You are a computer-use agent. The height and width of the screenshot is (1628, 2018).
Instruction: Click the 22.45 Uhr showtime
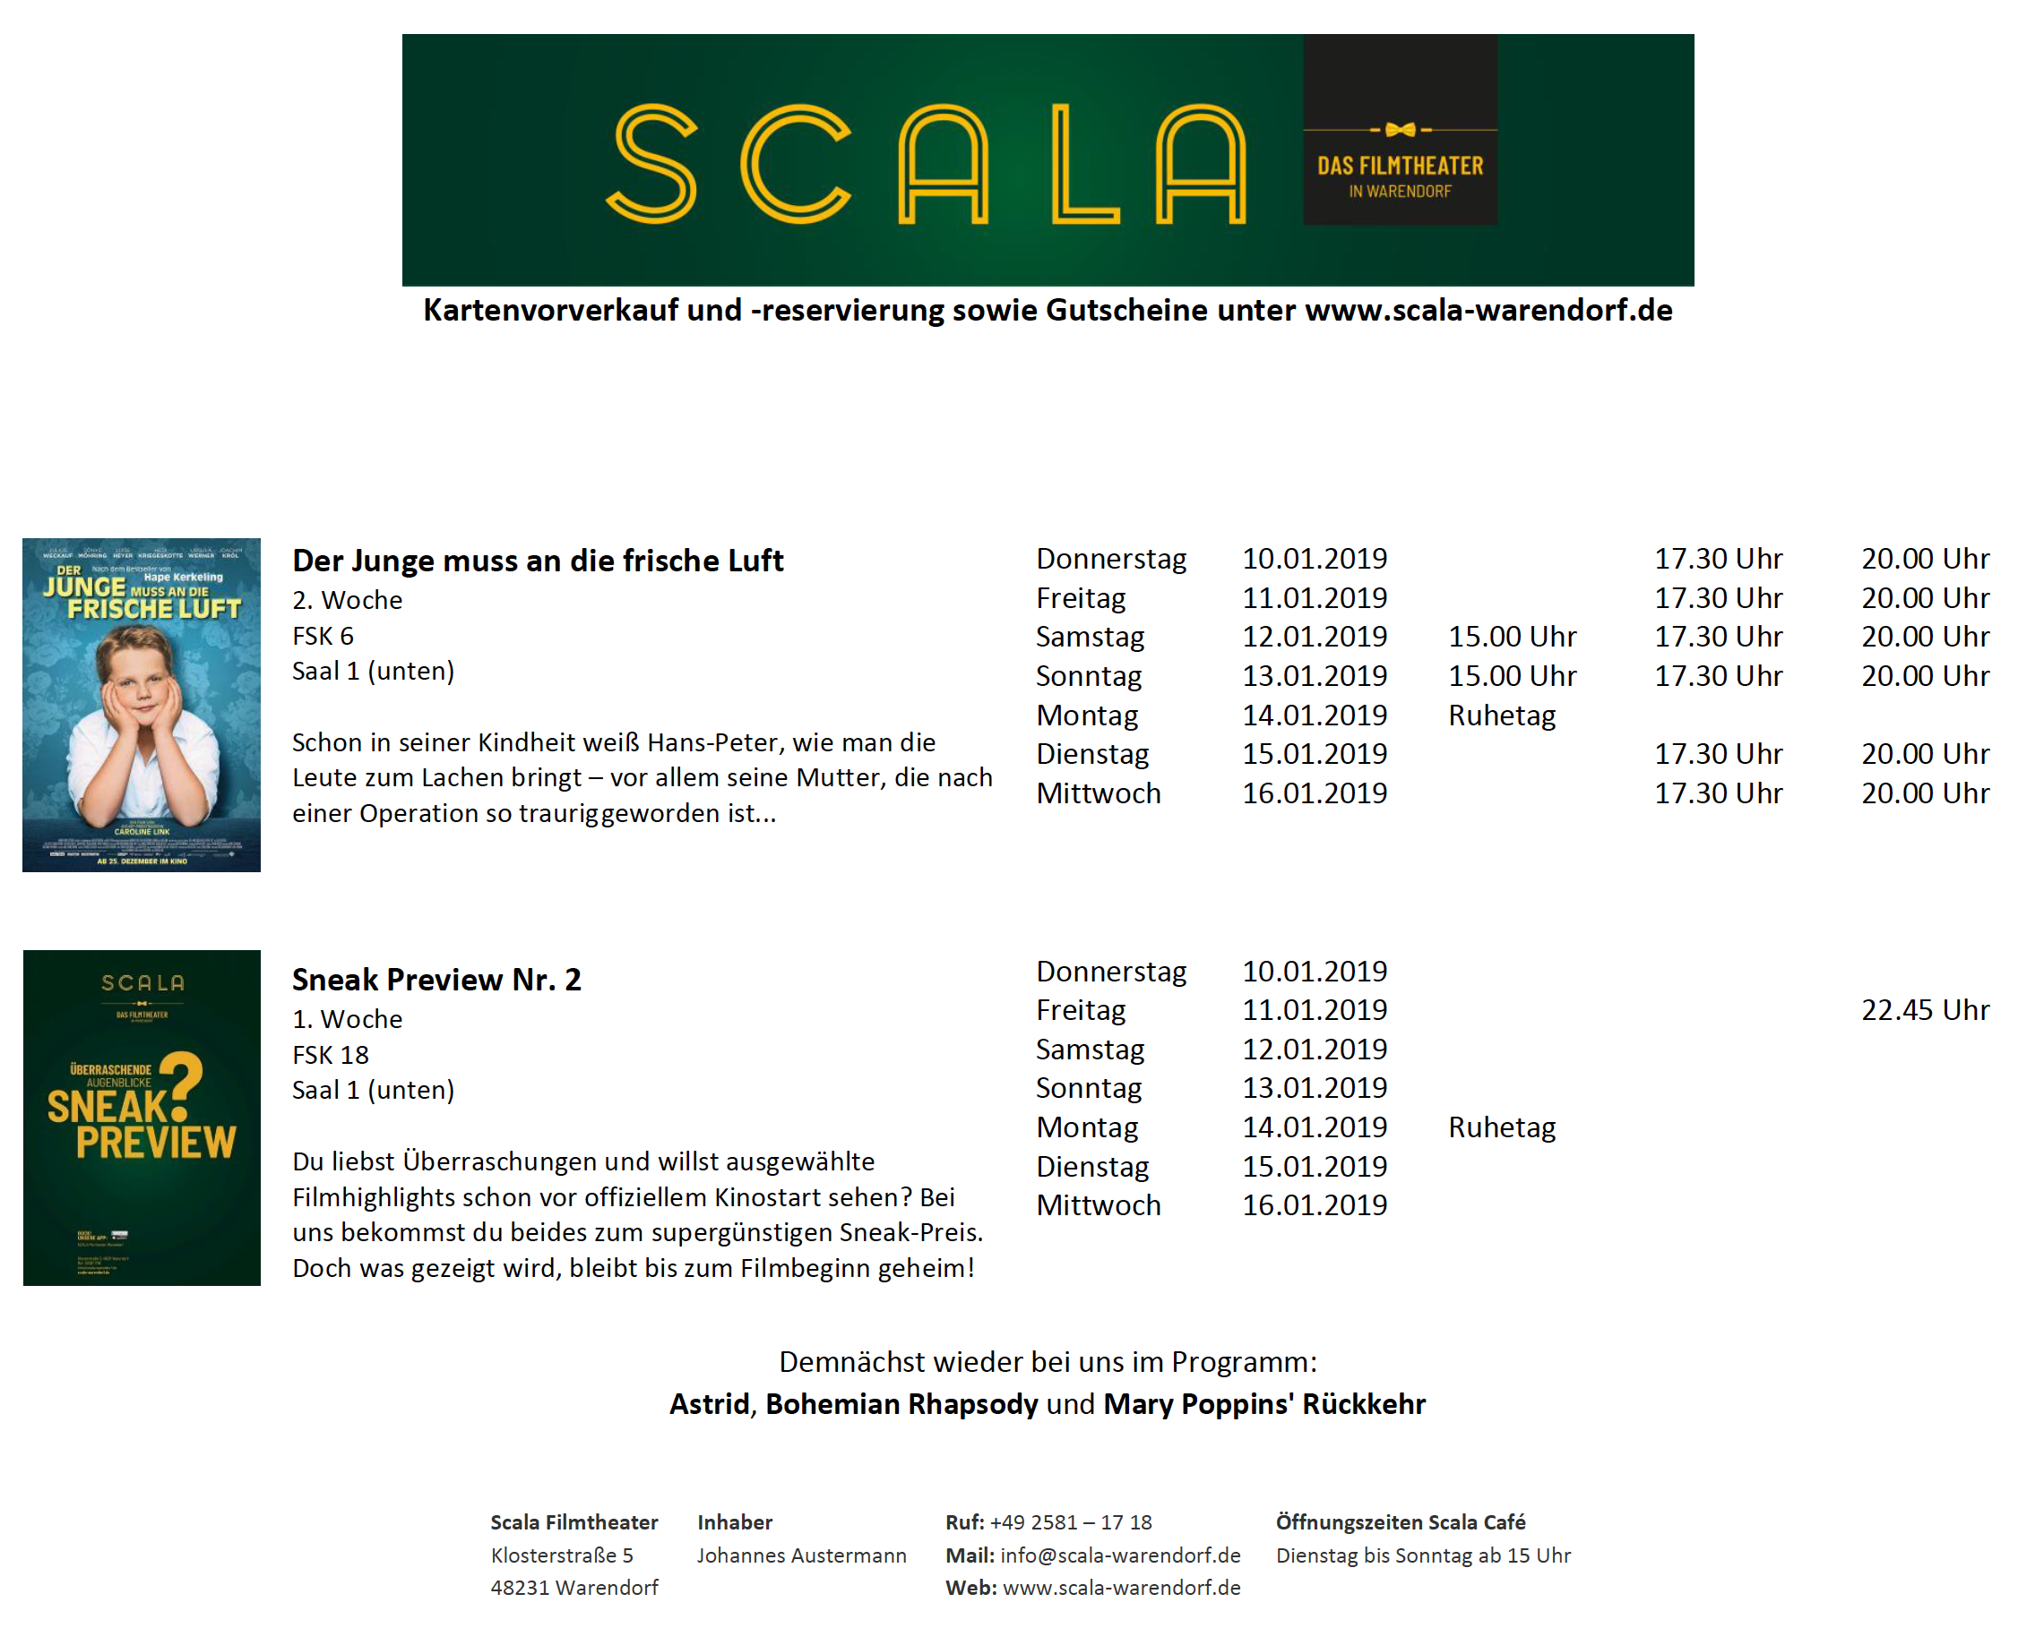point(1923,1010)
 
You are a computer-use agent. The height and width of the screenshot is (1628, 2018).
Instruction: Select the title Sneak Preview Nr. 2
point(436,979)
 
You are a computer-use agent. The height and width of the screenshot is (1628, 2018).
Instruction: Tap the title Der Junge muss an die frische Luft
point(538,560)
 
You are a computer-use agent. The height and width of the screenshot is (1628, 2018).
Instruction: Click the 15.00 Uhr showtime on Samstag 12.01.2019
point(1512,637)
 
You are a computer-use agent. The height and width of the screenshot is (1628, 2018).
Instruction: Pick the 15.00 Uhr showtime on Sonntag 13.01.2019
point(1512,676)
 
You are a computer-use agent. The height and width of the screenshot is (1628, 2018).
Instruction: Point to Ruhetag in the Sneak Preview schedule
point(1501,1127)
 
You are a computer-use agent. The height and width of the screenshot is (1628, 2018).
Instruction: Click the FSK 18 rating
point(331,1055)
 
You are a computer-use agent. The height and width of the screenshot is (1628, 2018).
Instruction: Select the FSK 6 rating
point(323,636)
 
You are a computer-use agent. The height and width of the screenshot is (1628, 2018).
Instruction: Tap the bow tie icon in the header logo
point(1399,130)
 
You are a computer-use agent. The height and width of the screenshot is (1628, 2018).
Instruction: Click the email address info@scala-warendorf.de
point(1120,1555)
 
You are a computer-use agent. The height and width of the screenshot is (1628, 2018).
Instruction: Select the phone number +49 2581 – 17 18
point(1070,1522)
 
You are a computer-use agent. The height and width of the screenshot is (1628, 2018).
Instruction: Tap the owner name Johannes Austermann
point(801,1555)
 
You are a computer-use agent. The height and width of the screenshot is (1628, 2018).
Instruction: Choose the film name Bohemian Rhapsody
point(901,1404)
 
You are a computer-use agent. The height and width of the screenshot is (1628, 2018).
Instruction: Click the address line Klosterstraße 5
point(562,1555)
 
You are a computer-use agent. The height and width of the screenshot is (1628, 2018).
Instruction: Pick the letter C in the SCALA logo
point(795,164)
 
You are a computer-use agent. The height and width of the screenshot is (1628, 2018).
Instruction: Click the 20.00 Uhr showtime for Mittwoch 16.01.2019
point(1923,793)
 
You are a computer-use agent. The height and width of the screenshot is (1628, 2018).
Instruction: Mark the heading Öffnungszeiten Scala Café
point(1400,1522)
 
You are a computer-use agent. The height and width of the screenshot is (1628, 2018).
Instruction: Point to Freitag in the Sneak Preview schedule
point(1080,1010)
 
